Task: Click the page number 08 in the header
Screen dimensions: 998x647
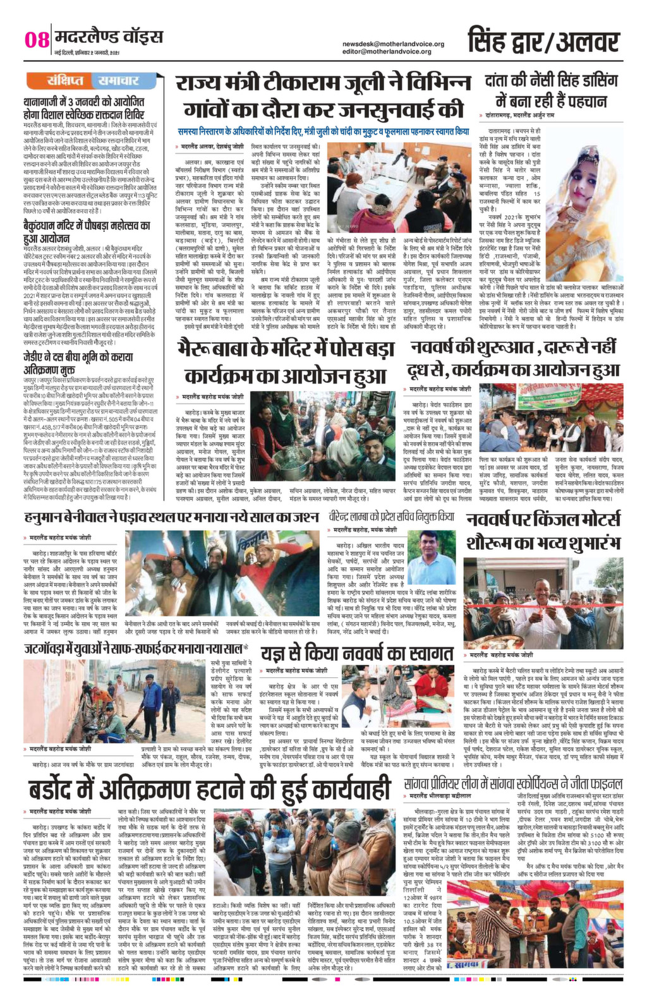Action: [37, 40]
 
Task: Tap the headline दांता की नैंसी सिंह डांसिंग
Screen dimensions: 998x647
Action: [548, 90]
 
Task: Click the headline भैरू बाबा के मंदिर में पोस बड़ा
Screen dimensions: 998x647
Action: [284, 361]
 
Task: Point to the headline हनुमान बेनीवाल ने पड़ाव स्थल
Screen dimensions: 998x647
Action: [171, 517]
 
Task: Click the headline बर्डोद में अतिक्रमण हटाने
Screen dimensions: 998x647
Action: [209, 790]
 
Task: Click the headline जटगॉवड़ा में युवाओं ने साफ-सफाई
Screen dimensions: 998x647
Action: [133, 649]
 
